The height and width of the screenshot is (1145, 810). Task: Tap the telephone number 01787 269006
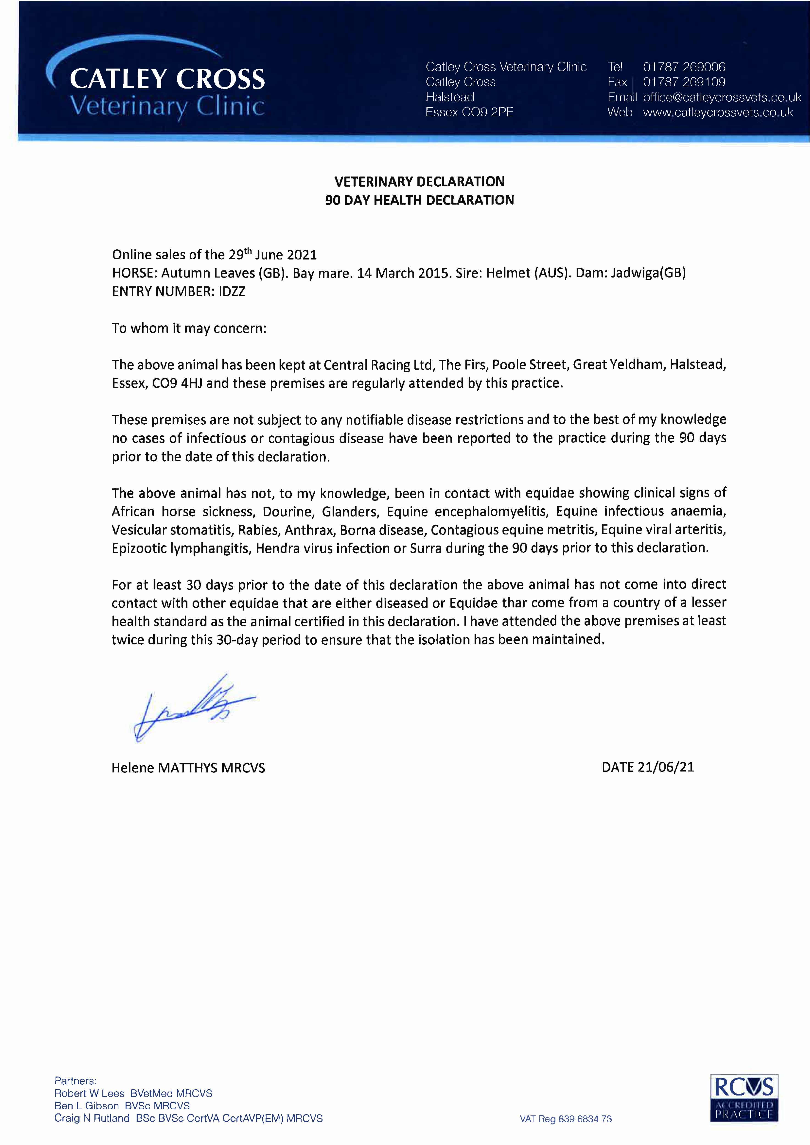coord(684,67)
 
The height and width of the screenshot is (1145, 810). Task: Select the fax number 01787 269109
coord(684,82)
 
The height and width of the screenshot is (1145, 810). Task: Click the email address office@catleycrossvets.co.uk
coord(722,97)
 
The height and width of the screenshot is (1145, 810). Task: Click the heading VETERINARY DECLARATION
coord(419,182)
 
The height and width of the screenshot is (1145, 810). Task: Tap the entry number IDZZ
coord(232,292)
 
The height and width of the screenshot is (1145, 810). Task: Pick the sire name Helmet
coord(508,273)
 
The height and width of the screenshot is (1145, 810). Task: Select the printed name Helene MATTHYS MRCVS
coord(188,768)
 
